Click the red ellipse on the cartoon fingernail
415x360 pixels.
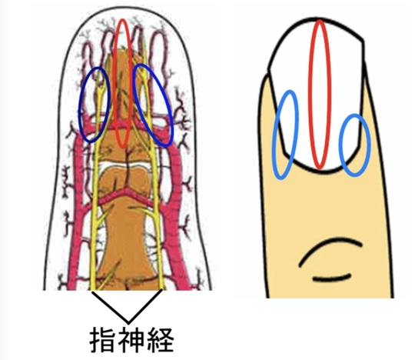tap(312, 93)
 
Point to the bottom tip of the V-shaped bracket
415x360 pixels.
tap(128, 322)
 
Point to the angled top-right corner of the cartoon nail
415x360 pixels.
tap(363, 42)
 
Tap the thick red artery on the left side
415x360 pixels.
tap(77, 212)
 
